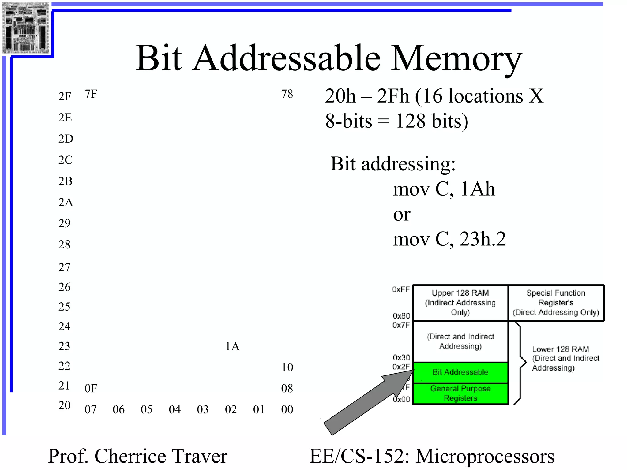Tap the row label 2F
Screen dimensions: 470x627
(x=65, y=96)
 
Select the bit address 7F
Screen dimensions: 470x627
(x=91, y=94)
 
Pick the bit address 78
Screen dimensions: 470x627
(x=287, y=94)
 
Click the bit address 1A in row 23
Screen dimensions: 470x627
(x=232, y=346)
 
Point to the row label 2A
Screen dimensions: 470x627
(x=66, y=202)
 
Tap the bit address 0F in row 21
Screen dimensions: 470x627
(x=91, y=389)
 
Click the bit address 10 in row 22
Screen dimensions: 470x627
(x=287, y=367)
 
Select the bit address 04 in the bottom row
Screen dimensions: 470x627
(x=175, y=409)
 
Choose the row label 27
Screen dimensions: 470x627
(x=64, y=267)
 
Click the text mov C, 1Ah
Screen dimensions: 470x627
(x=444, y=189)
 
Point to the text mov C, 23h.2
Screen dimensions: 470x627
(x=449, y=239)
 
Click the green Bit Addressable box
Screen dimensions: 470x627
(x=460, y=372)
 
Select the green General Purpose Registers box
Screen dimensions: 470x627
(x=460, y=394)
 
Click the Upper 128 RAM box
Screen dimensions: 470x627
(x=460, y=303)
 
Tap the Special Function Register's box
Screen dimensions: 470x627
(x=556, y=303)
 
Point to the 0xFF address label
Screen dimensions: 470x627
(x=401, y=289)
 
